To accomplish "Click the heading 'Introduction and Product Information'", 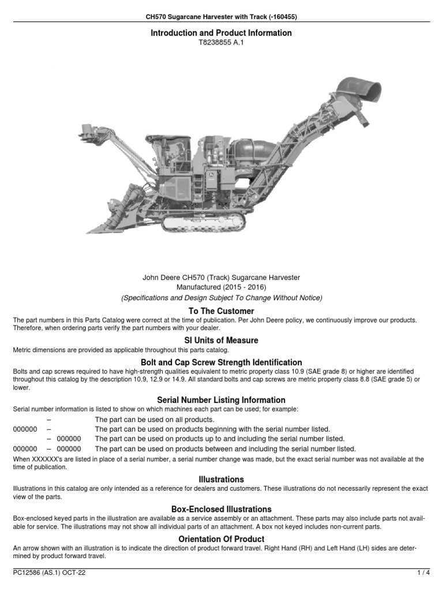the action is (x=221, y=33).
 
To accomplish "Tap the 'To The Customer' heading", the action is (x=221, y=311).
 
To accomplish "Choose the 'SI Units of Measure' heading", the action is (x=221, y=341).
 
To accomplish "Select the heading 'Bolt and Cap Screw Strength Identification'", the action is (x=221, y=362).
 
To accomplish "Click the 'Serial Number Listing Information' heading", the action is (x=221, y=400).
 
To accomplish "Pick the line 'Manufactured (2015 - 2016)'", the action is (x=221, y=287).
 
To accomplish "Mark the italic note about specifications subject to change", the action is (x=221, y=298).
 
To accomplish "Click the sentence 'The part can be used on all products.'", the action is (x=154, y=420).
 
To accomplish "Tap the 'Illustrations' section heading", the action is (x=221, y=479).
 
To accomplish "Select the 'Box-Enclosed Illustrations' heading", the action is (x=221, y=509).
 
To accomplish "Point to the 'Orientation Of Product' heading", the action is (x=221, y=538).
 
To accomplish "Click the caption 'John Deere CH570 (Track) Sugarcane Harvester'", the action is (x=221, y=277).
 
